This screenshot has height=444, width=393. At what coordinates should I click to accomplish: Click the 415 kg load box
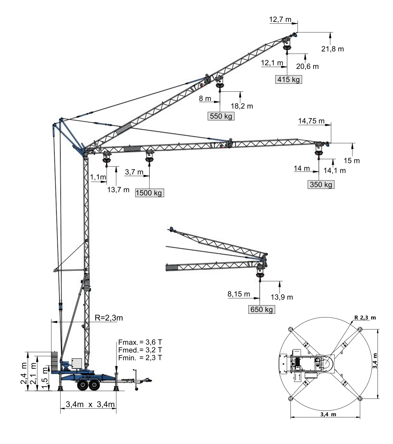[288, 80]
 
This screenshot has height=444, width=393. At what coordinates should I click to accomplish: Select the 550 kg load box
[221, 116]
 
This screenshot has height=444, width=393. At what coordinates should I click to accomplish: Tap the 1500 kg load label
[149, 193]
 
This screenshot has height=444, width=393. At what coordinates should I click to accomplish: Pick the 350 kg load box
[321, 185]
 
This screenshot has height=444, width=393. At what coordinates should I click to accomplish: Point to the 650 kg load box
[262, 309]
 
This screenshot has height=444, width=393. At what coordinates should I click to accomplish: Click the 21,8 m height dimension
[332, 49]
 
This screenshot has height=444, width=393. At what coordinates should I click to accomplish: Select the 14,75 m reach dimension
[311, 121]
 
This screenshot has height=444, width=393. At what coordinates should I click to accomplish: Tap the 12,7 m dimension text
[280, 20]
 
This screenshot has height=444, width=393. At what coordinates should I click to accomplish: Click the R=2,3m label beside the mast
[108, 318]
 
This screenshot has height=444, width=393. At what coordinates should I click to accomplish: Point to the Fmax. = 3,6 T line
[140, 342]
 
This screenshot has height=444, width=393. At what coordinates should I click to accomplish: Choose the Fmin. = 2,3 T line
[140, 357]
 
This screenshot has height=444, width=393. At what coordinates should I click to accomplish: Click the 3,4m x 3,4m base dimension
[90, 405]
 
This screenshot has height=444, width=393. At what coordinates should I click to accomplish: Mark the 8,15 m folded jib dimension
[239, 294]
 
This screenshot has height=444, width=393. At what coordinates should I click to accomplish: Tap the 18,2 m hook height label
[242, 106]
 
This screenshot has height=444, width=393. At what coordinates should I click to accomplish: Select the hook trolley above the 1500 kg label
[149, 156]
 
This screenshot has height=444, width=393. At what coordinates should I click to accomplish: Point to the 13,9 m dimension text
[282, 297]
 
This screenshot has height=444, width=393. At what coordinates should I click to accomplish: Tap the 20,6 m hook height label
[307, 67]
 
